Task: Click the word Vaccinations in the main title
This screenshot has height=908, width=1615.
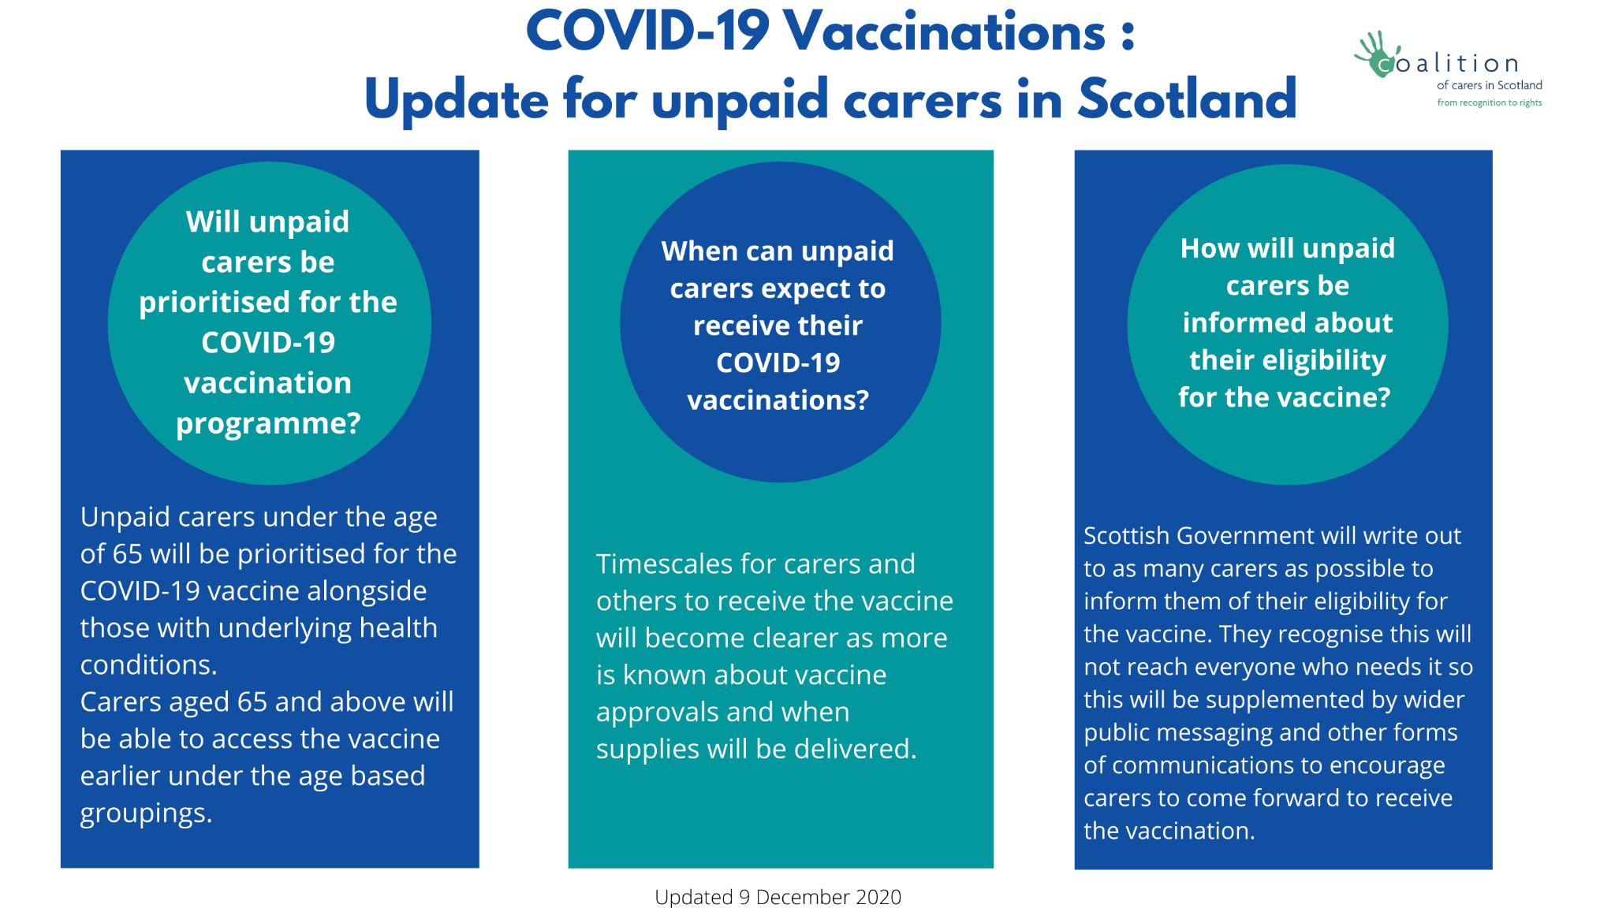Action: (x=945, y=32)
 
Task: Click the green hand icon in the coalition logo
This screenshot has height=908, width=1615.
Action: (x=1378, y=54)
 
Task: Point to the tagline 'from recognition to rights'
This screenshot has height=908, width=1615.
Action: (x=1489, y=102)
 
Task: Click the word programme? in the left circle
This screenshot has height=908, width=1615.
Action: (x=268, y=425)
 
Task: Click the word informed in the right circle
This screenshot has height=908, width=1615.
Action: (x=1230, y=322)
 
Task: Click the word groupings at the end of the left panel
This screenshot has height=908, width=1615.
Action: (x=144, y=814)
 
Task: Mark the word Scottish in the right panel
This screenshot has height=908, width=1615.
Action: (x=1127, y=536)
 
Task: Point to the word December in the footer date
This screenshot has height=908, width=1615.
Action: (x=793, y=897)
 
